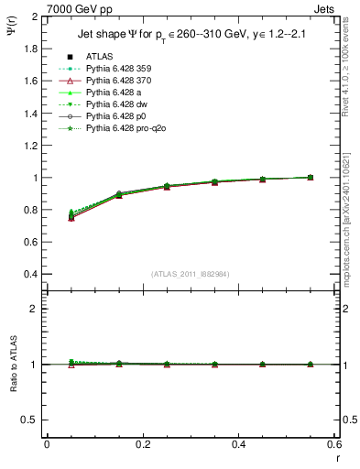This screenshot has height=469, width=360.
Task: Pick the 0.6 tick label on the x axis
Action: point(333,443)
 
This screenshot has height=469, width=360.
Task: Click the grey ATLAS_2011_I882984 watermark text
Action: point(191,273)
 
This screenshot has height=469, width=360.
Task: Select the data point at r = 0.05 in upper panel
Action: point(71,217)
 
